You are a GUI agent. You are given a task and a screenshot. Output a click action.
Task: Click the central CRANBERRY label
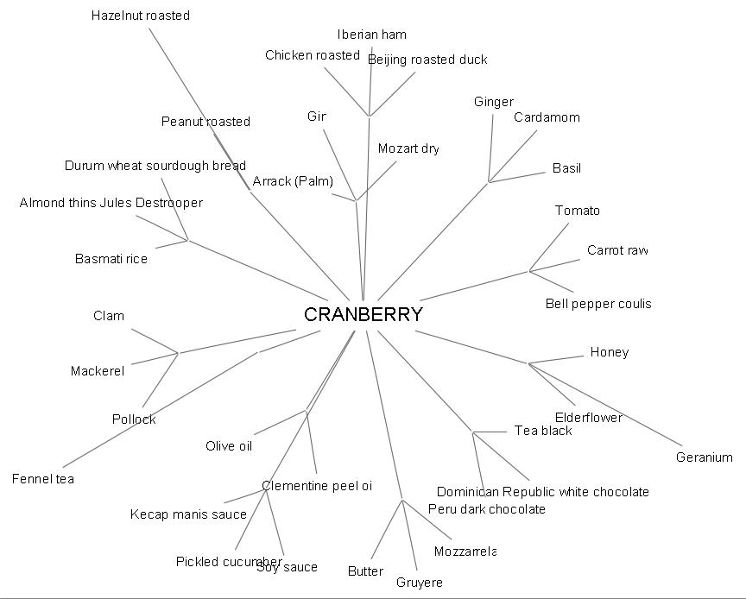coord(364,315)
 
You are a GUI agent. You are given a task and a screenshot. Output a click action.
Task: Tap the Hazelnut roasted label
coord(141,16)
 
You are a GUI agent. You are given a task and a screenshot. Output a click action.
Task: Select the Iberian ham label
coord(372,35)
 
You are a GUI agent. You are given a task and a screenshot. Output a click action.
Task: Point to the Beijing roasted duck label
coord(427,60)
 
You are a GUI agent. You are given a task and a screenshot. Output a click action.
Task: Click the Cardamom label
coord(547,117)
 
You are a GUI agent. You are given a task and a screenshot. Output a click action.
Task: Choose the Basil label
coord(566,168)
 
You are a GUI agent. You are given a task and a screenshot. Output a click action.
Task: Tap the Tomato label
coord(578,211)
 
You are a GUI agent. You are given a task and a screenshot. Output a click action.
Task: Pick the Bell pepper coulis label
coord(598,304)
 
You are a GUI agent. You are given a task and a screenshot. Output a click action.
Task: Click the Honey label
coord(610,352)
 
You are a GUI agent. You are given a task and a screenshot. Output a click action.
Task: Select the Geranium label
coord(705,457)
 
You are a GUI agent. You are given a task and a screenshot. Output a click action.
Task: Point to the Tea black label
coord(543,431)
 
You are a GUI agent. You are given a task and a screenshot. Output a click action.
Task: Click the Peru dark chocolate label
coord(487,509)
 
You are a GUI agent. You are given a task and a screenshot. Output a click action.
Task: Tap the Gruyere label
coord(420,583)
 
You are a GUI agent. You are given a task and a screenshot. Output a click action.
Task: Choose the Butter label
coord(365,571)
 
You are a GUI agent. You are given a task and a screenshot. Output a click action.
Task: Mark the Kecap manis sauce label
coord(188,514)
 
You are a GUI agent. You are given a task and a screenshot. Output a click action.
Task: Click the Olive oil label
coord(229,446)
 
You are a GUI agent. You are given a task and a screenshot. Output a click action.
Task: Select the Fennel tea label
coord(43,479)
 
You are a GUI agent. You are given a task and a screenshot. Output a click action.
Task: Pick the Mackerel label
coord(98,371)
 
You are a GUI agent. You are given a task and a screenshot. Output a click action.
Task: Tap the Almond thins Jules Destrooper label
coord(111,203)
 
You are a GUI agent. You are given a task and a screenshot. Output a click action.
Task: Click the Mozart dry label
coord(408,148)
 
